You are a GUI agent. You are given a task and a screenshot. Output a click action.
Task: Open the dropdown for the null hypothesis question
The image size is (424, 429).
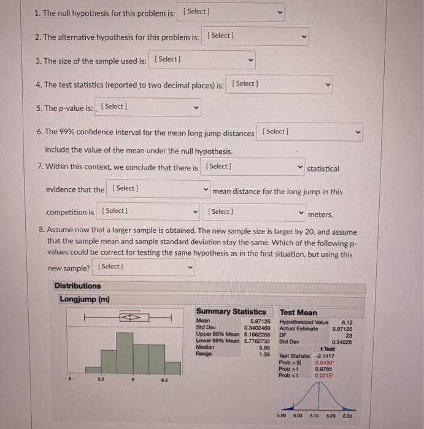[233, 12]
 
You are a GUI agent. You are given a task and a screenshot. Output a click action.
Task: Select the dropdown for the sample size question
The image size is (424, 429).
[202, 59]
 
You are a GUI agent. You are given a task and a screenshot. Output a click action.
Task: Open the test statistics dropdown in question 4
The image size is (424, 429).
[280, 84]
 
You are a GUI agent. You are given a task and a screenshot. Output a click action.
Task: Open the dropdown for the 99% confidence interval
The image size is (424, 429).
[310, 132]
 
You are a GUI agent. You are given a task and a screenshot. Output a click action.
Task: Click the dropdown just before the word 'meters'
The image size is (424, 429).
[255, 212]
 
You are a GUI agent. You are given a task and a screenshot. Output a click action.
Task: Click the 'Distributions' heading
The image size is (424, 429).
[77, 286]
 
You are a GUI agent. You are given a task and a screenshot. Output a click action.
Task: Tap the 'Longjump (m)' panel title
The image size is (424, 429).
[85, 299]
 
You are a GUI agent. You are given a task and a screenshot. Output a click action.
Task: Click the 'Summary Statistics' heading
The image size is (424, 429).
[231, 312]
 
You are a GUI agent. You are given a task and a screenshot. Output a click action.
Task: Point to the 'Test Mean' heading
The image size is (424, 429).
[298, 312]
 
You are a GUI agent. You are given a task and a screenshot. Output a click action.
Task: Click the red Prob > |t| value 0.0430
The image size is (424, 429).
[334, 362]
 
